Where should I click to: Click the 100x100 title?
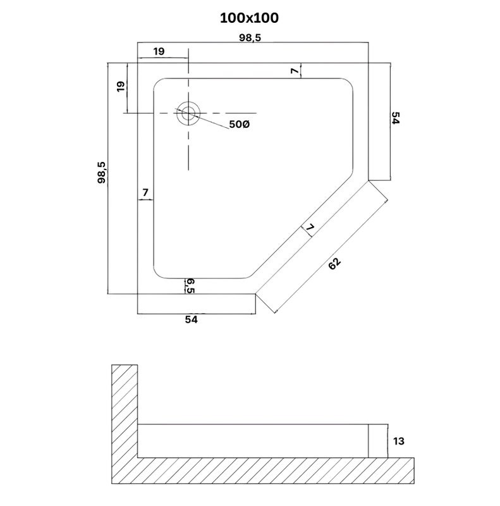click(x=249, y=18)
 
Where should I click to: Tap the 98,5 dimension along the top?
click(x=250, y=38)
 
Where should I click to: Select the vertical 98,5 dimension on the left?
click(x=102, y=172)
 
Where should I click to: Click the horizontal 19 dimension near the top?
click(x=159, y=51)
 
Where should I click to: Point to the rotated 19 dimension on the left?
click(x=121, y=86)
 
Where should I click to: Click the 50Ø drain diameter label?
click(x=240, y=124)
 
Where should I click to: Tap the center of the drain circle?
click(x=188, y=113)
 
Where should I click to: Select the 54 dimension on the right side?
click(x=396, y=118)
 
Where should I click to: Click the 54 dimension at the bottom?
click(x=191, y=319)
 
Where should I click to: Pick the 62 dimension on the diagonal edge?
click(x=334, y=263)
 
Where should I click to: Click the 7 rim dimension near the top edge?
click(x=295, y=70)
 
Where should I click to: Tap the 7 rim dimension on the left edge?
click(x=145, y=192)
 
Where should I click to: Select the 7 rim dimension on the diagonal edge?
click(x=310, y=227)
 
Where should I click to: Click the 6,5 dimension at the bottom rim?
click(x=190, y=286)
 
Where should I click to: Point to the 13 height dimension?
click(x=399, y=441)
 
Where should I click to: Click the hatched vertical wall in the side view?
click(x=125, y=410)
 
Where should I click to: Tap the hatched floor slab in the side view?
click(x=262, y=471)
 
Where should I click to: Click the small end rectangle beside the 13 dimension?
click(x=378, y=441)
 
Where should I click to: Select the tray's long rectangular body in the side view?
click(x=253, y=441)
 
